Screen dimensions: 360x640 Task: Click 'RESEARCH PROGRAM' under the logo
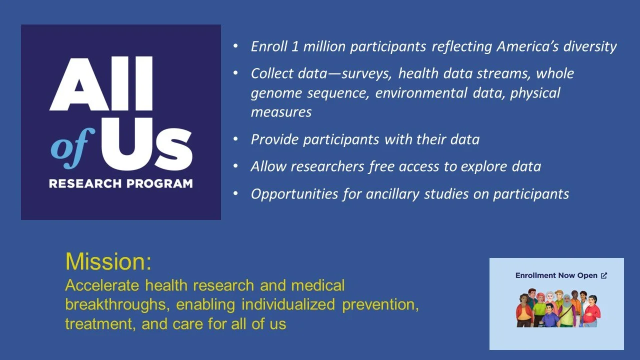point(120,183)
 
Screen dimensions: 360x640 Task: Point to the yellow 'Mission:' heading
point(108,261)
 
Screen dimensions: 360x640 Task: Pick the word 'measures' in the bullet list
point(281,112)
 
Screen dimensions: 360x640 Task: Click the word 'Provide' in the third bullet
point(273,139)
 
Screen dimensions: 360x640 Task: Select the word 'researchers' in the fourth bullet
point(332,166)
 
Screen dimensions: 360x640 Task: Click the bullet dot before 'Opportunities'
point(236,193)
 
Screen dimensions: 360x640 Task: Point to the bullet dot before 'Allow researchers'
point(236,166)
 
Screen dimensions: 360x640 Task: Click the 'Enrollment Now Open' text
point(556,275)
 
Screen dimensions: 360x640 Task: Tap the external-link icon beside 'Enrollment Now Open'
point(603,275)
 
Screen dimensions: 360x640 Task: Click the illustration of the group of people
point(556,307)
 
